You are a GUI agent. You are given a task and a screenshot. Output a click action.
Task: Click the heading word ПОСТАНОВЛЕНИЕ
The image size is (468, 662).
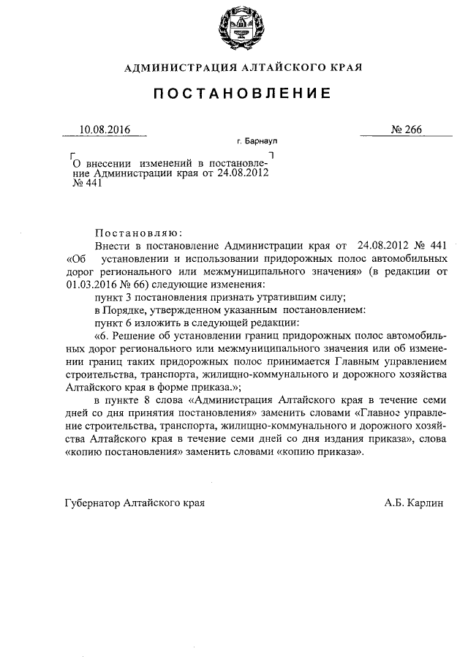233,94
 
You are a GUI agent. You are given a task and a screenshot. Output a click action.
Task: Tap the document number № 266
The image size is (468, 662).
407,129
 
